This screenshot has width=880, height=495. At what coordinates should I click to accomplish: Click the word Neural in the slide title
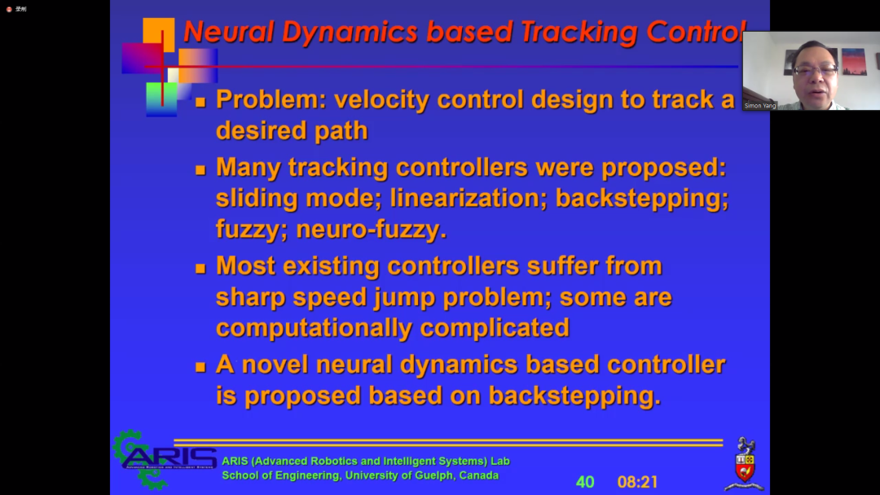[230, 32]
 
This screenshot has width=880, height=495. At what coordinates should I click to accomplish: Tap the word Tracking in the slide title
[579, 33]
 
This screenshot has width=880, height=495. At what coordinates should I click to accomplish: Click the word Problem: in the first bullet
[271, 99]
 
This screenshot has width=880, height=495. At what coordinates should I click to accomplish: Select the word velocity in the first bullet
[382, 100]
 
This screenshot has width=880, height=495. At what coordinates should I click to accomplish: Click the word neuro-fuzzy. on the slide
[371, 230]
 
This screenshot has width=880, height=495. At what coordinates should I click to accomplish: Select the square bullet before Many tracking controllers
[200, 170]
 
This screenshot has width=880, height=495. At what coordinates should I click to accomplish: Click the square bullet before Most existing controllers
[200, 269]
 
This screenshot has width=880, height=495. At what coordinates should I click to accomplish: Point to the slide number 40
[585, 482]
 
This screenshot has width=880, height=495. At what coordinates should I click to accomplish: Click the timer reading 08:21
[637, 482]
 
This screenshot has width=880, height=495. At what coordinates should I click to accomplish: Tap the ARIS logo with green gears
[165, 459]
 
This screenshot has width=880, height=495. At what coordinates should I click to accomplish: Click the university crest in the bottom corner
[744, 463]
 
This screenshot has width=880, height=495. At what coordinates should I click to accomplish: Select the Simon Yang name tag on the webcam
[760, 105]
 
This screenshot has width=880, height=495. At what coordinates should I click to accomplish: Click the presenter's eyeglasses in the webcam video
[816, 70]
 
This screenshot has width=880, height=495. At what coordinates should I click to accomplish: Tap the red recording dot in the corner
[9, 9]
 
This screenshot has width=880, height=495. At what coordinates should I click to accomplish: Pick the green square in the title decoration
[161, 99]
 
